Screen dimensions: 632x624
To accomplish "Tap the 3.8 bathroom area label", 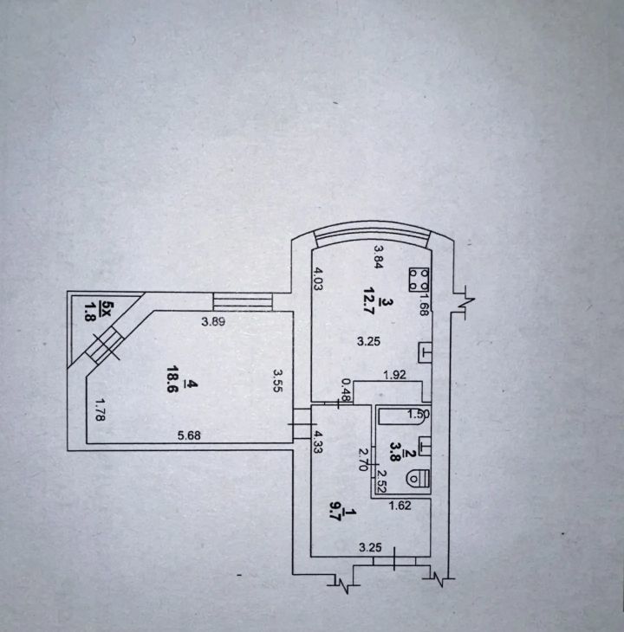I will pyautogui.click(x=396, y=449).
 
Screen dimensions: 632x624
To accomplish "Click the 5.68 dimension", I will pyautogui.click(x=190, y=435).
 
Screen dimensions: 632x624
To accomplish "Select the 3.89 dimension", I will pyautogui.click(x=214, y=322).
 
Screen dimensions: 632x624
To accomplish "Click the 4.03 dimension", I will pyautogui.click(x=319, y=282).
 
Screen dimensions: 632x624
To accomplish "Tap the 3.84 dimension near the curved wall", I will pyautogui.click(x=378, y=256).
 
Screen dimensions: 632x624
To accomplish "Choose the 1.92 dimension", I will pyautogui.click(x=396, y=375).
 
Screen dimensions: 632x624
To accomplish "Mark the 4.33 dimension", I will pyautogui.click(x=319, y=444).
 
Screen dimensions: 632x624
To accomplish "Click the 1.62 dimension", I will pyautogui.click(x=400, y=506).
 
